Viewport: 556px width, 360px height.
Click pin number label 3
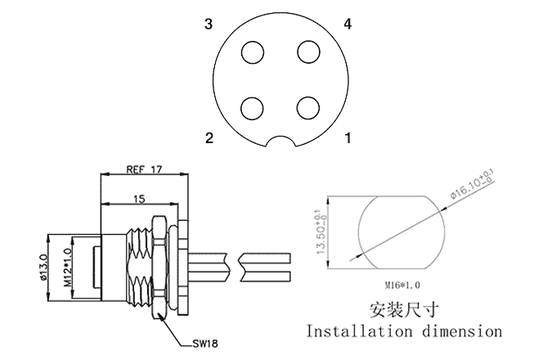[x=209, y=25]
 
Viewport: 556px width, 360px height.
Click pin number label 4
[x=348, y=25]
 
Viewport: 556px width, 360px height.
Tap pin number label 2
[x=209, y=138]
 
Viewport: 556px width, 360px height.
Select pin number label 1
[x=348, y=138]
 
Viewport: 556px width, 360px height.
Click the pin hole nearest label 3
[x=253, y=52]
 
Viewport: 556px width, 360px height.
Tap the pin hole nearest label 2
[x=253, y=107]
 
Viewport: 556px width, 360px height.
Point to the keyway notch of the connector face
[x=280, y=141]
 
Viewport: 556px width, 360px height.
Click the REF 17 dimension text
[x=144, y=169]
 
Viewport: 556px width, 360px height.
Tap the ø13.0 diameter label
[x=43, y=269]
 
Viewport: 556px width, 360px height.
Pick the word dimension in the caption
[x=461, y=332]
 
